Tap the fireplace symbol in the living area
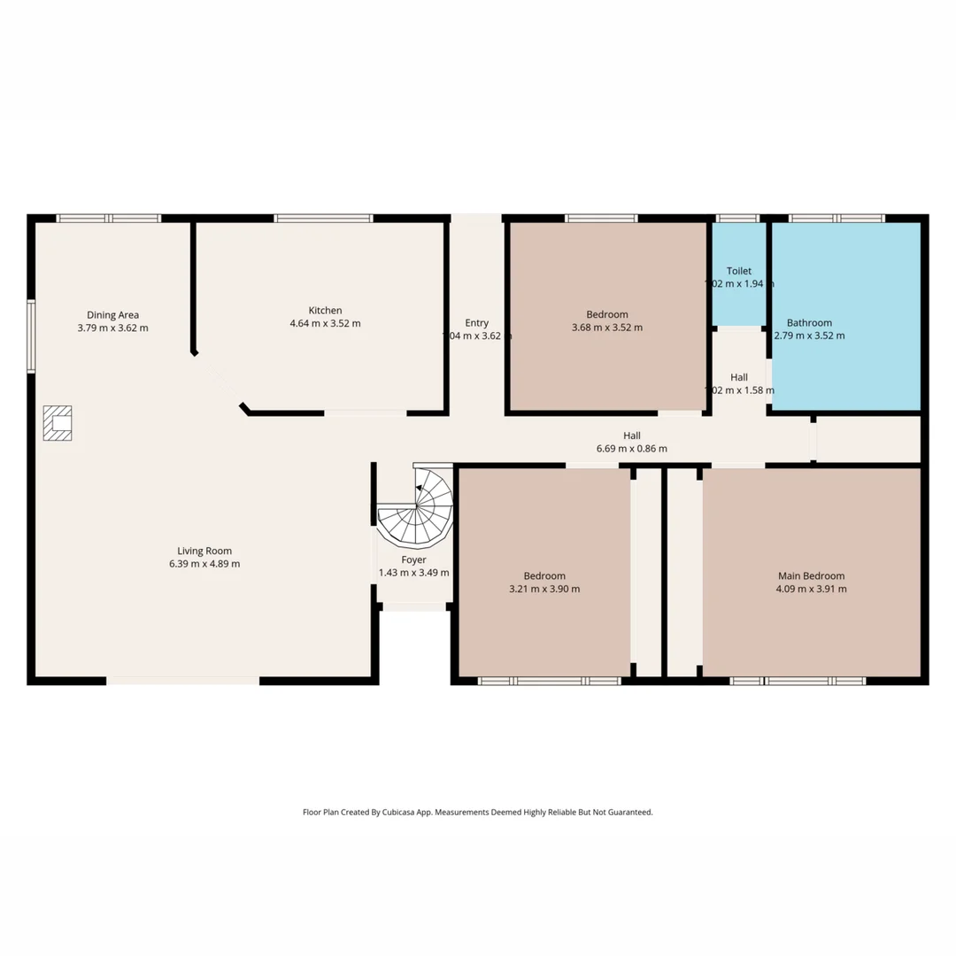[58, 423]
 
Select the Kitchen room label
[325, 311]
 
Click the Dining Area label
[112, 315]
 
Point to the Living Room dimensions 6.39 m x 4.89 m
[204, 564]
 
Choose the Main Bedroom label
[811, 575]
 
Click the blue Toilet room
[739, 274]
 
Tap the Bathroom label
[809, 323]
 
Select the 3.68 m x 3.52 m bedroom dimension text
[607, 328]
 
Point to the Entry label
[476, 323]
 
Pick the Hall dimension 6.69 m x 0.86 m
[632, 449]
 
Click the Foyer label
[413, 559]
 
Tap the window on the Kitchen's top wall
[323, 219]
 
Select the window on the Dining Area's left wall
[31, 336]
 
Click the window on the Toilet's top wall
[737, 219]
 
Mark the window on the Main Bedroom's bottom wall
[798, 681]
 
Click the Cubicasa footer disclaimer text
[478, 812]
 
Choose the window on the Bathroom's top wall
[836, 219]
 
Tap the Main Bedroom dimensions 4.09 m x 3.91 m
[811, 589]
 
